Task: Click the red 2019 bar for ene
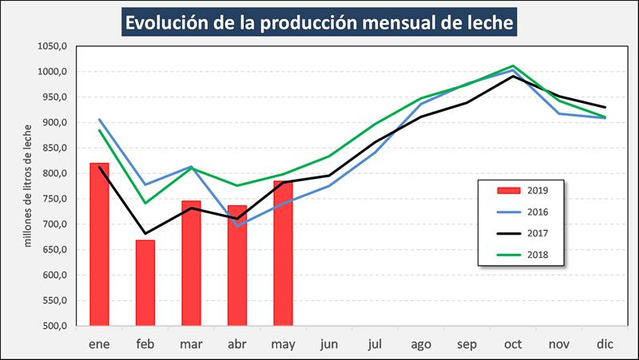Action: (x=99, y=244)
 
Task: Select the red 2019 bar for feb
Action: (x=145, y=283)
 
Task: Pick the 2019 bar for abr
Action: (x=237, y=266)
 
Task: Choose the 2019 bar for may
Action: (x=283, y=253)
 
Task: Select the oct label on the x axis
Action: (x=513, y=344)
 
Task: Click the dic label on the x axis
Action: (x=605, y=344)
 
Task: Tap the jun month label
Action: (x=329, y=344)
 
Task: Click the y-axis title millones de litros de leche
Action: (x=28, y=185)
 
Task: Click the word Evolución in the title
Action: (x=171, y=22)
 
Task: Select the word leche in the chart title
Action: (x=484, y=22)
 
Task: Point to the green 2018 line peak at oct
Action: (x=513, y=65)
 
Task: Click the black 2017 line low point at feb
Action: (x=145, y=234)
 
